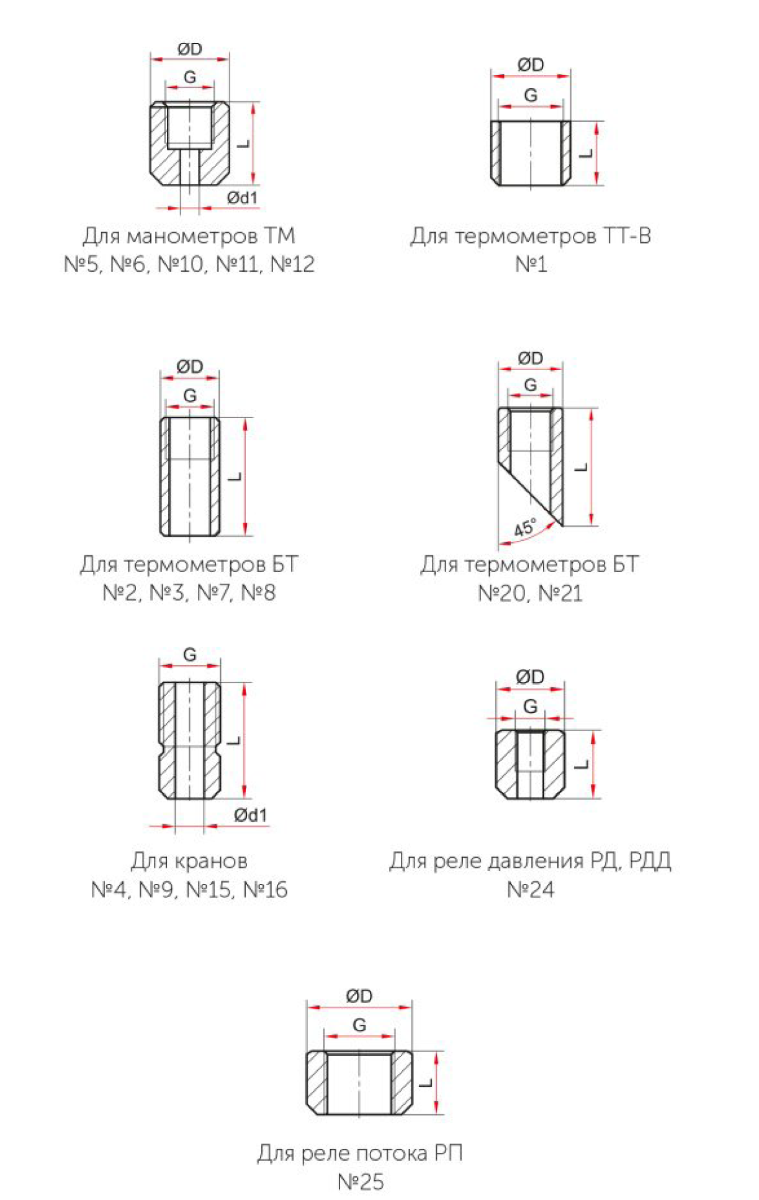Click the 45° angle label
tap(525, 527)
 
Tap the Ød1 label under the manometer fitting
tap(242, 198)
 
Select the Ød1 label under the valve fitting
tap(251, 815)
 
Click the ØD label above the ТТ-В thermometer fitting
tap(531, 65)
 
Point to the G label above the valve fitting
tap(190, 654)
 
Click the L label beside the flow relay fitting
tap(426, 1083)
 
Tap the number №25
tap(361, 1181)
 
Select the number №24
tap(531, 889)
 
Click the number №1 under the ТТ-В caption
tap(531, 264)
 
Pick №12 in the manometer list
tap(292, 264)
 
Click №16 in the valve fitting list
tap(266, 889)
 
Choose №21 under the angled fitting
tap(560, 593)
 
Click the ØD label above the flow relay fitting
tap(359, 996)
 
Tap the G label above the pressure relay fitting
tap(530, 706)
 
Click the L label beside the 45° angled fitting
tap(582, 467)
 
